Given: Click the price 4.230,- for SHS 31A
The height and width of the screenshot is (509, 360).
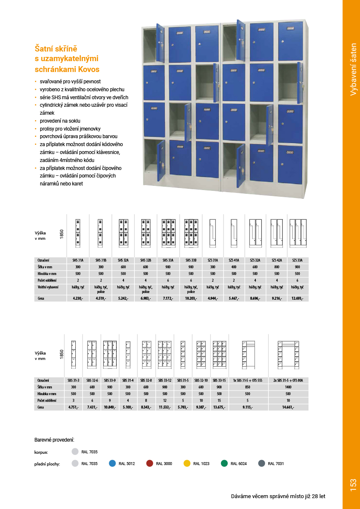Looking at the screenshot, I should (x=78, y=298).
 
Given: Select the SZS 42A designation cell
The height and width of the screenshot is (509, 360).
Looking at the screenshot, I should (x=276, y=260).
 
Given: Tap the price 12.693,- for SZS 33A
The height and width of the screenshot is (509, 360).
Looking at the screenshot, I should (x=298, y=298).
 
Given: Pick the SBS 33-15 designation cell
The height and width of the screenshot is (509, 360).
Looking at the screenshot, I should (x=219, y=380).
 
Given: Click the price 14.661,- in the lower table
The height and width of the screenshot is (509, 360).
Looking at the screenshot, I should (x=288, y=407).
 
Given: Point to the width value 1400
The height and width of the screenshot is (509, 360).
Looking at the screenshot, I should (x=288, y=387).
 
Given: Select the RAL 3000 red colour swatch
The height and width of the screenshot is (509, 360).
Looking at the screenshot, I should (x=150, y=463).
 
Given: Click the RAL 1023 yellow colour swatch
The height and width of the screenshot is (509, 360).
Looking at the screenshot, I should (x=187, y=463).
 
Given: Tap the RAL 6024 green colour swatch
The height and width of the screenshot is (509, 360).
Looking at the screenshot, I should (x=224, y=463).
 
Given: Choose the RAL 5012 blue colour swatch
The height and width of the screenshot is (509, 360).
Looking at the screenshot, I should (x=112, y=463).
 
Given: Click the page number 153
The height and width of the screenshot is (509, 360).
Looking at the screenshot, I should (x=352, y=485).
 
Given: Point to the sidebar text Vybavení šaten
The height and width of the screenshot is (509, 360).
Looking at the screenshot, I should (x=353, y=69).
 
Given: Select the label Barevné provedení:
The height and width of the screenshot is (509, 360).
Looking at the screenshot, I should (x=54, y=440).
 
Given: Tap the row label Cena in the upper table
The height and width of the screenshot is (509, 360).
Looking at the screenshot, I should (x=41, y=298).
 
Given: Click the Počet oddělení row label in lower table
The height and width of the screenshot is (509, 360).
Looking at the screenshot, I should (x=47, y=400).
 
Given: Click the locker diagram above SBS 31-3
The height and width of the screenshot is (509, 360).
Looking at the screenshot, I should (x=73, y=354).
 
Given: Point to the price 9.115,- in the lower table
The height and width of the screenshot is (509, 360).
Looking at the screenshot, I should (x=247, y=407).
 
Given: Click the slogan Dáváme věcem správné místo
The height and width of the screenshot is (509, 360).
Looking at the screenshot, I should (x=278, y=496).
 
